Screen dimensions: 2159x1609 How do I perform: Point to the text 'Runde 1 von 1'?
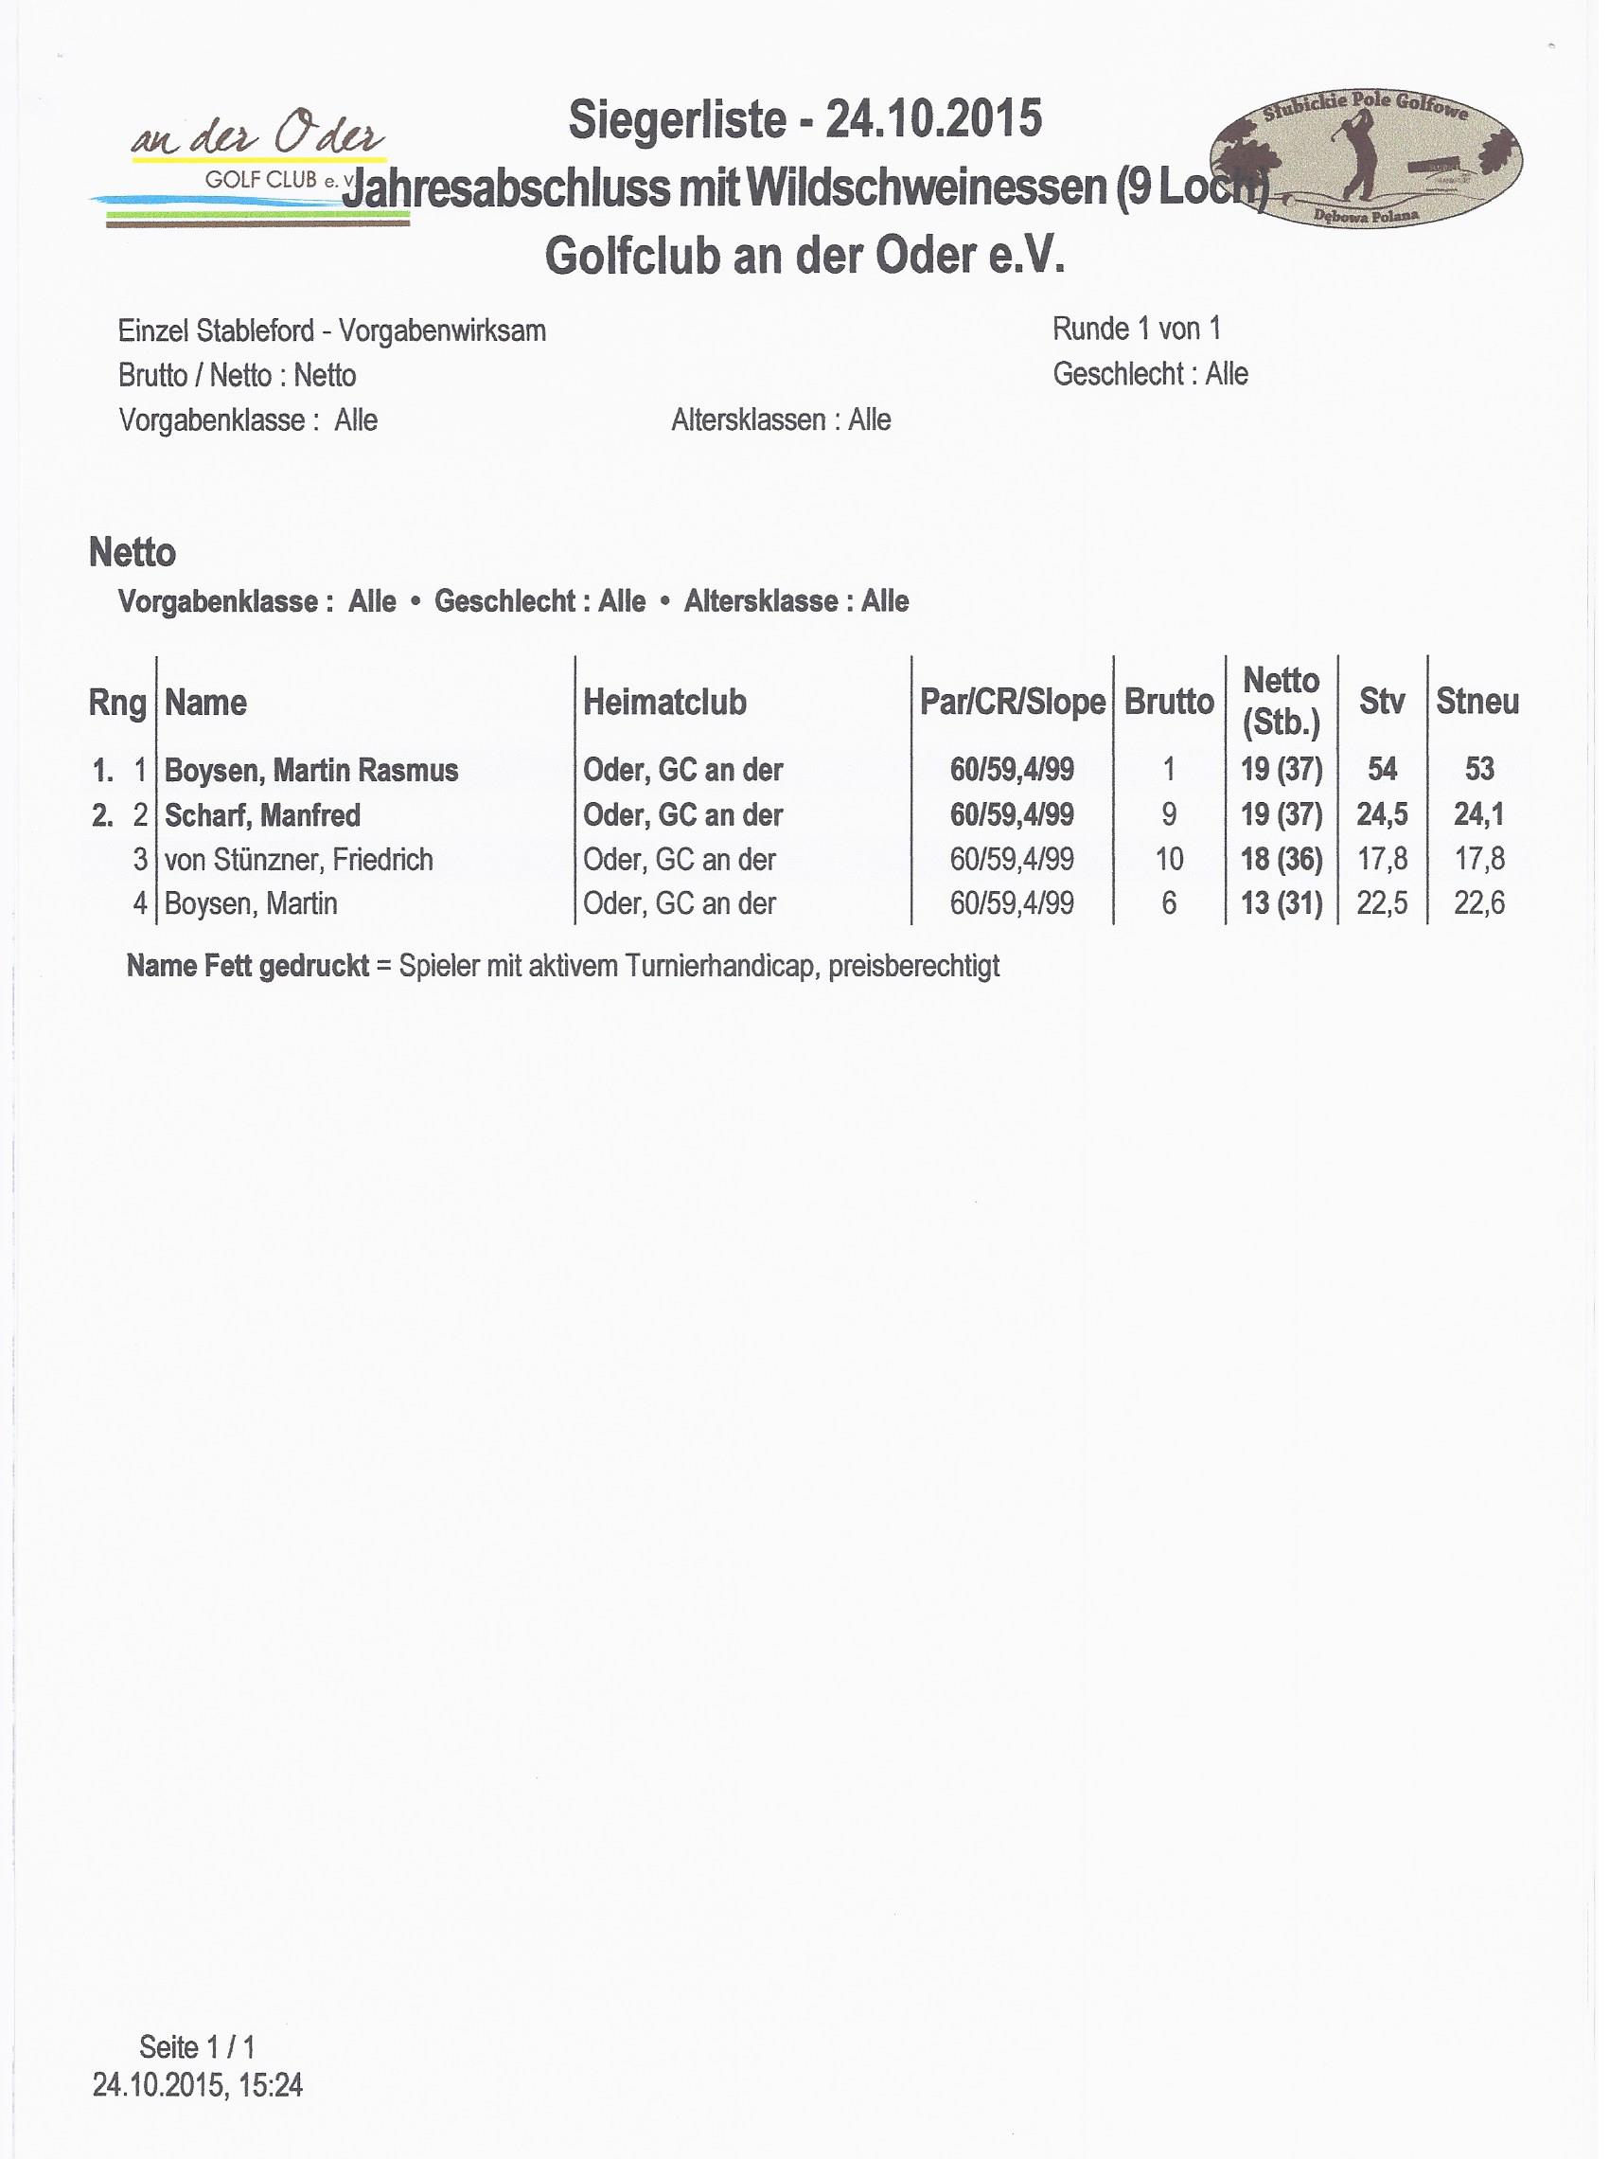click(x=1136, y=330)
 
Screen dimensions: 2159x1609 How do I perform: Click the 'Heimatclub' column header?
click(x=664, y=703)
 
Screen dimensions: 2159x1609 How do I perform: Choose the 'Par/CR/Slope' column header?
click(x=1012, y=703)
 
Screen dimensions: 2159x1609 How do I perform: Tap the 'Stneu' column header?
click(x=1476, y=702)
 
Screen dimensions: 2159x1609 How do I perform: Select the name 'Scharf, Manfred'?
click(x=262, y=815)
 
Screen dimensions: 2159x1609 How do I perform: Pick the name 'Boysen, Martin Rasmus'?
click(x=310, y=771)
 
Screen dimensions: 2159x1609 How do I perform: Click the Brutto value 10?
click(x=1169, y=859)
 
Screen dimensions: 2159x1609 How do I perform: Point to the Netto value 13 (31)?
click(x=1281, y=904)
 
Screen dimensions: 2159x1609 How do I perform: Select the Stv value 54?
click(x=1381, y=770)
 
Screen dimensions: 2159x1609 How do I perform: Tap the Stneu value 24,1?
click(x=1478, y=814)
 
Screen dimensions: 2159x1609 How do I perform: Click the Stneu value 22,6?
click(x=1478, y=904)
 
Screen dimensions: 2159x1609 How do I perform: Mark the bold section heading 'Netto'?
click(x=133, y=553)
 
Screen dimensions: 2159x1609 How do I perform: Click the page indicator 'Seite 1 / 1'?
click(x=197, y=2046)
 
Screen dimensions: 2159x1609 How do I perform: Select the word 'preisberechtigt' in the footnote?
click(x=913, y=967)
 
